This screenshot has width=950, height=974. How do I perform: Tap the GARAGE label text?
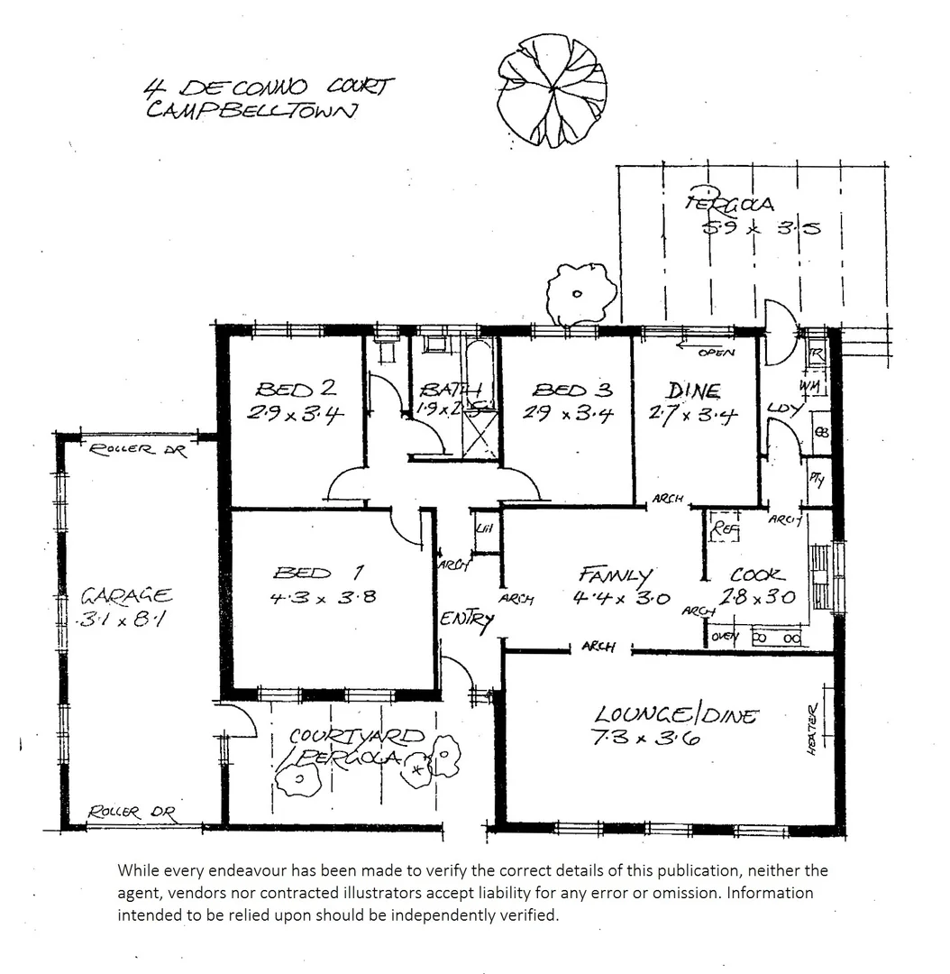127,595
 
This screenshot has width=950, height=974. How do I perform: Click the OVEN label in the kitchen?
725,638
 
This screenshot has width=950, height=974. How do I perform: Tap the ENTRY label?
467,620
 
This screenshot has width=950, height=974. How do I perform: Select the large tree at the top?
552,89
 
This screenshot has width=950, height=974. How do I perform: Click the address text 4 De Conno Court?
268,87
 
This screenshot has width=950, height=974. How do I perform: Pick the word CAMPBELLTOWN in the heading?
251,111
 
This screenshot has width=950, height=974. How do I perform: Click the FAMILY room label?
616,574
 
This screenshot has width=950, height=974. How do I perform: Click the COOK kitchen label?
757,574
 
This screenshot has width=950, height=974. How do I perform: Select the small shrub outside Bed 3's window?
580,293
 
